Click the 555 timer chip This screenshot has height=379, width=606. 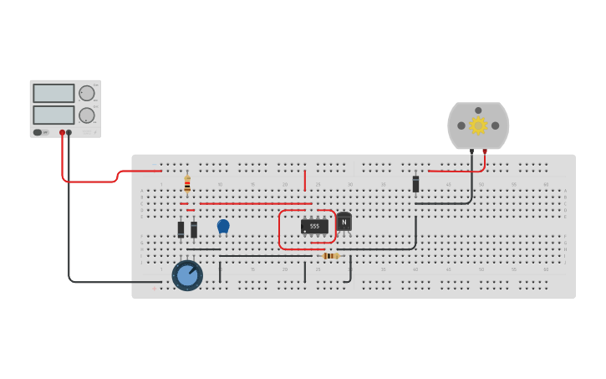(314, 226)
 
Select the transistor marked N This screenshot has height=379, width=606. (344, 222)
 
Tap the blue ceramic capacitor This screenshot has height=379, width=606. (223, 226)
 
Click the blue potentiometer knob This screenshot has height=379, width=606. (187, 275)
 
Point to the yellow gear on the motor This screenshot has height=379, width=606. (478, 125)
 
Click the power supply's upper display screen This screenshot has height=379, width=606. (53, 94)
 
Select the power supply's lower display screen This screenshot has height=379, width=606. (53, 115)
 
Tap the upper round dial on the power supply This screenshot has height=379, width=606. (87, 93)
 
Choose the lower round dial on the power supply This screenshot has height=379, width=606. (87, 115)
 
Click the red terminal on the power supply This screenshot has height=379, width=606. (62, 132)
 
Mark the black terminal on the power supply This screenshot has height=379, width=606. (69, 132)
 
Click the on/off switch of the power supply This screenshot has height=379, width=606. (38, 132)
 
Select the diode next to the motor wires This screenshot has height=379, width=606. (415, 184)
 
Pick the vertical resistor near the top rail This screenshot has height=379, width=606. (187, 184)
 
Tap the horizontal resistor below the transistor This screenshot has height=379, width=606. (330, 255)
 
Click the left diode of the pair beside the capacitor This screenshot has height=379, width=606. (181, 228)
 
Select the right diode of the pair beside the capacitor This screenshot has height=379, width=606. (194, 228)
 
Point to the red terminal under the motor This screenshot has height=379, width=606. (485, 151)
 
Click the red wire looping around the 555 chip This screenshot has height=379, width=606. (280, 230)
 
